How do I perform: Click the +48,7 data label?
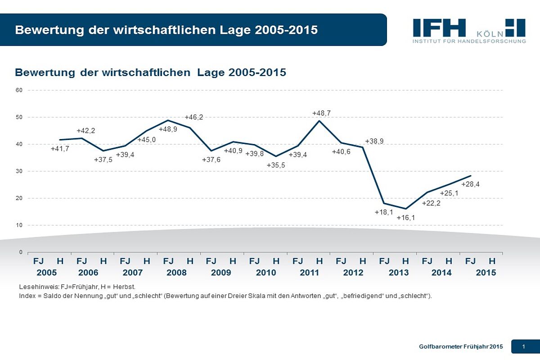322,113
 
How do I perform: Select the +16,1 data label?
406,218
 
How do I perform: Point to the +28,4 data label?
471,184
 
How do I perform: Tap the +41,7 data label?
60,148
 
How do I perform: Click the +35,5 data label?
276,165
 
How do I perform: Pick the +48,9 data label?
168,129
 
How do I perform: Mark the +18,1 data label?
384,212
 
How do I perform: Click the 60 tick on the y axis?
19,90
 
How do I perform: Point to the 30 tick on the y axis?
19,171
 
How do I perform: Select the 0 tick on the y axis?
21,252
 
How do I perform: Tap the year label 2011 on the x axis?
309,273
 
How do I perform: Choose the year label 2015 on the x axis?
486,273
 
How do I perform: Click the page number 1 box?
524,346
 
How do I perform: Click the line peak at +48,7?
319,121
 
